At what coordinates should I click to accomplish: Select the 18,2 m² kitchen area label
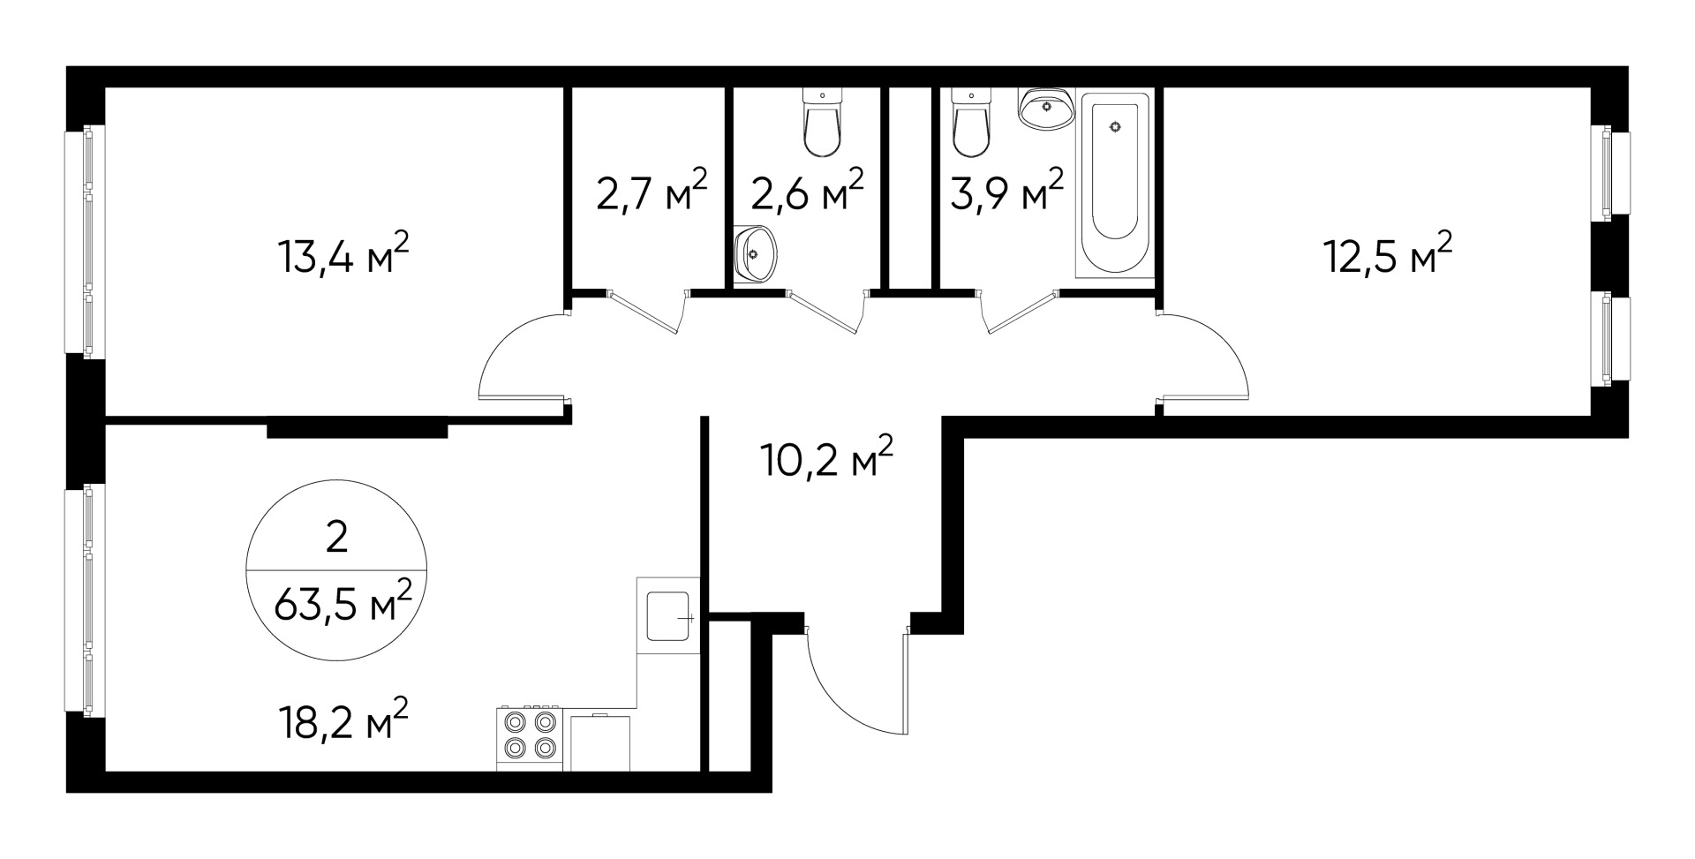[343, 721]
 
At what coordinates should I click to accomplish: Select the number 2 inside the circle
[336, 537]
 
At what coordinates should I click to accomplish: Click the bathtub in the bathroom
[1114, 185]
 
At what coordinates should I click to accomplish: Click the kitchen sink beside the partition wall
[668, 616]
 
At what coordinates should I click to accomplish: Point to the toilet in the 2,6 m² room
[822, 127]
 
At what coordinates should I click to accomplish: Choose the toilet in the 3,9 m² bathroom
[971, 127]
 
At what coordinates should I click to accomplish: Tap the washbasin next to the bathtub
[1046, 109]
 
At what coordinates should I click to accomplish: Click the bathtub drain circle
[1115, 127]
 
